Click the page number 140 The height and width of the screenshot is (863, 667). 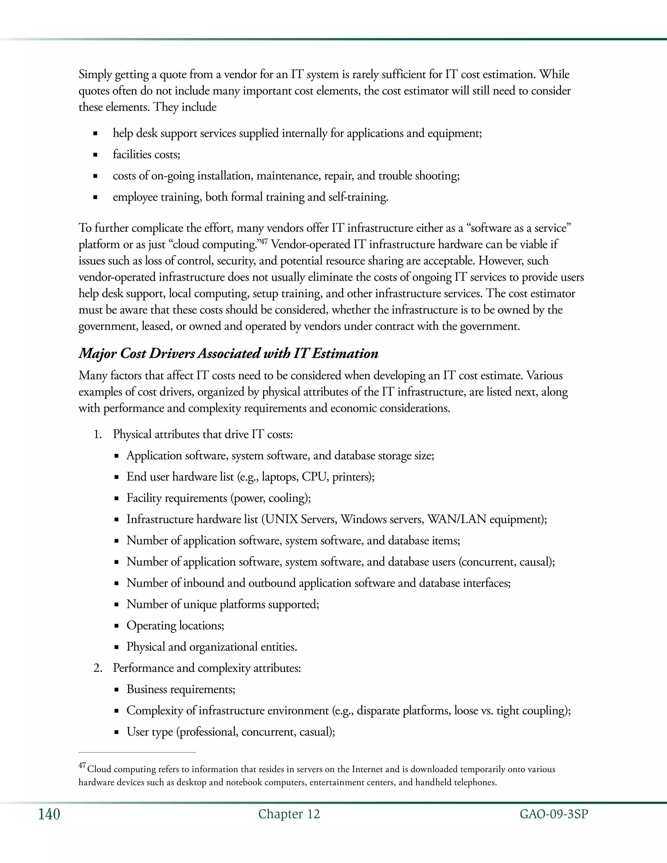pos(49,814)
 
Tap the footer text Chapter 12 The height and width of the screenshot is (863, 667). pos(289,814)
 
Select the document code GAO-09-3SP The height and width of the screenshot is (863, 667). pos(554,814)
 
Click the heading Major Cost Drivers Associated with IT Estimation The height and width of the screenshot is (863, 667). pos(228,353)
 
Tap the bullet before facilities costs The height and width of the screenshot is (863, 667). pos(95,155)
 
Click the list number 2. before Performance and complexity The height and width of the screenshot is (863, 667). pos(98,668)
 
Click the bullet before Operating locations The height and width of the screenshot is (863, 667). pos(117,626)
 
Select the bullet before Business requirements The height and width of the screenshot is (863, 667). pos(117,690)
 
